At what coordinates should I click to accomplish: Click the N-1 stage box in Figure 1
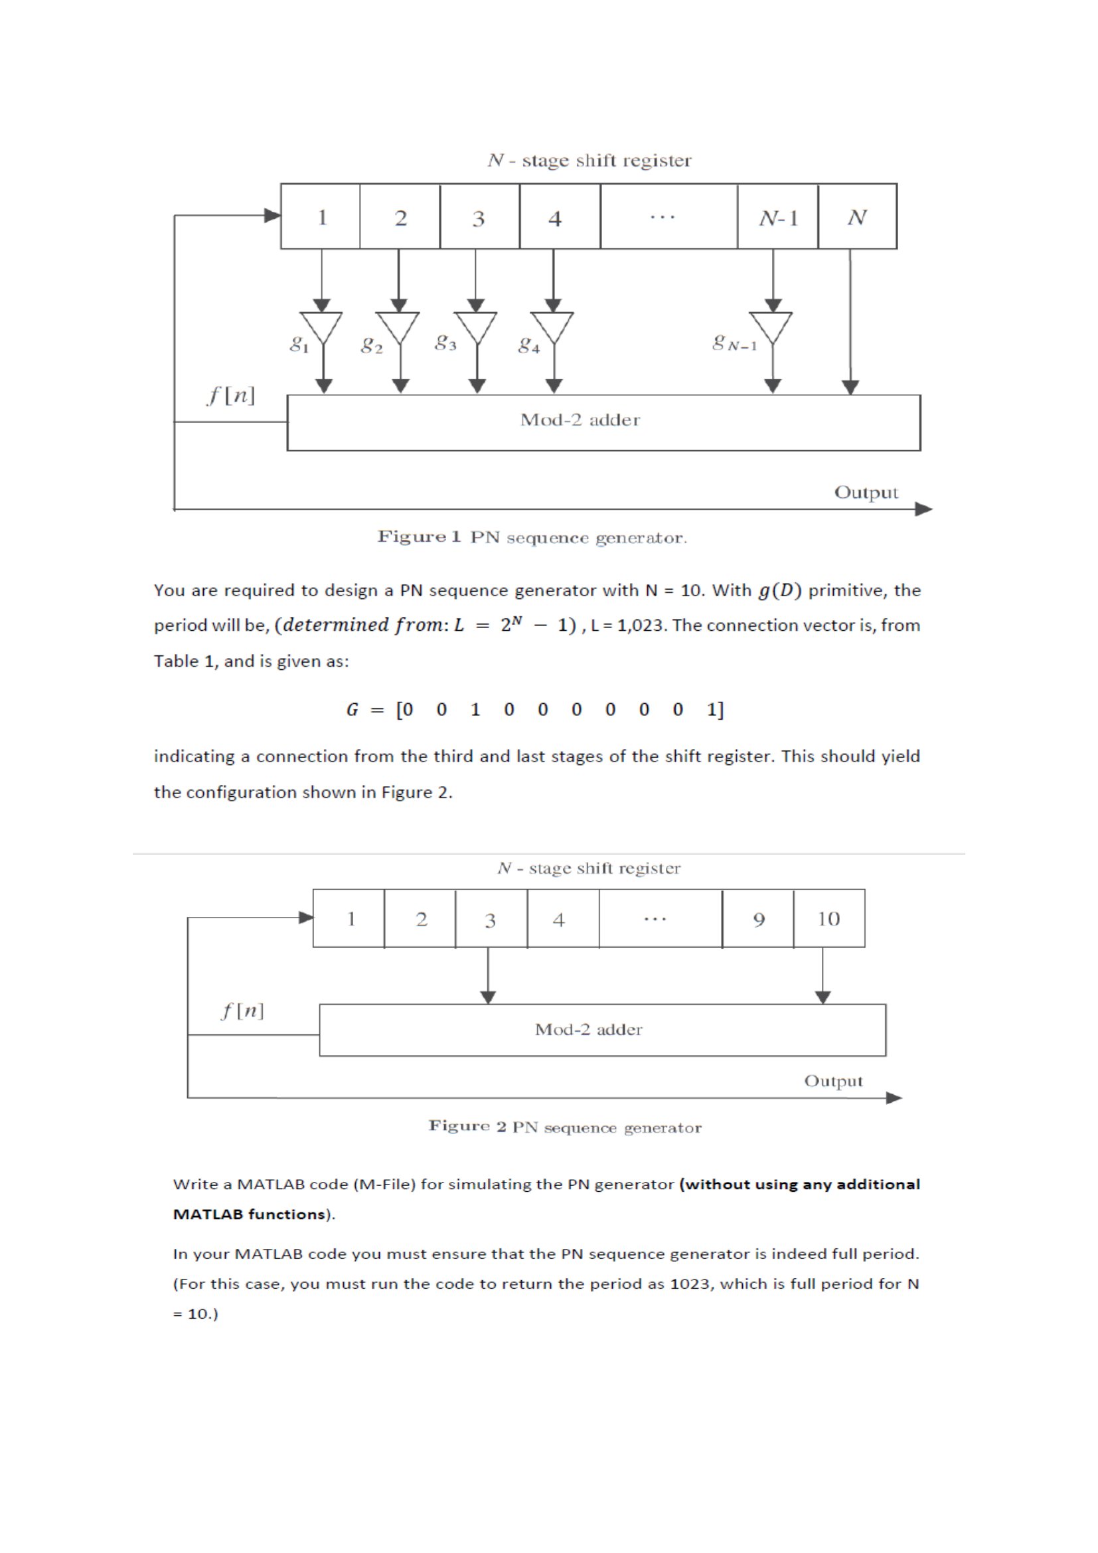(x=777, y=217)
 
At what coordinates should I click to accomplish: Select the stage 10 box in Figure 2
(x=829, y=918)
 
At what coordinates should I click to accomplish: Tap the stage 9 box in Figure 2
(x=758, y=918)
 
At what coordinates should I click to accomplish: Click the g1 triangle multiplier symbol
(x=322, y=327)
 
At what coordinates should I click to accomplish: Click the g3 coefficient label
(x=445, y=342)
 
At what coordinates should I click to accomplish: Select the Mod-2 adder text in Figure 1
(x=580, y=420)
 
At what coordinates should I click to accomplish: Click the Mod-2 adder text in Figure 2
(x=588, y=1030)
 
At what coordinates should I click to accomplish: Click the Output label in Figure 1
(x=866, y=493)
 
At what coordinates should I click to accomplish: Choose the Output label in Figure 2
(x=833, y=1081)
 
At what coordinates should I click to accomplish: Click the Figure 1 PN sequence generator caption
(x=532, y=538)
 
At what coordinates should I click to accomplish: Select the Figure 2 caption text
(x=565, y=1127)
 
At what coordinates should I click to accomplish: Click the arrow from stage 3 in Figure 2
(x=488, y=975)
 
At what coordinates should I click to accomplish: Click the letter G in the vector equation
(x=353, y=710)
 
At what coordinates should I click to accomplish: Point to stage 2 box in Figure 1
(x=400, y=217)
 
